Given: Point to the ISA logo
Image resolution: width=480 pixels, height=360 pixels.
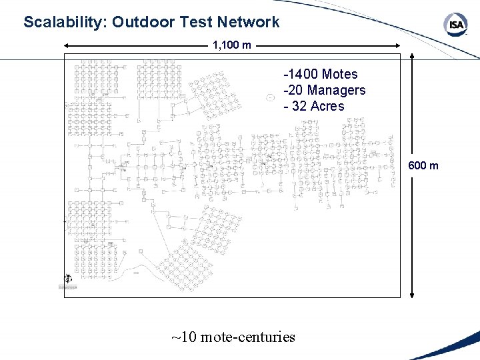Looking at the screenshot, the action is [x=456, y=25].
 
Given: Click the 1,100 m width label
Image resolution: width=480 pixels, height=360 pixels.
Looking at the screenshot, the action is [x=232, y=46].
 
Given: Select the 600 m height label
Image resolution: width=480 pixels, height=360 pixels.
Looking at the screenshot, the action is [x=423, y=166].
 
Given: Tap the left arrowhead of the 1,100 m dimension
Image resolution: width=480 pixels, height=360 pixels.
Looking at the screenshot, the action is [x=67, y=46].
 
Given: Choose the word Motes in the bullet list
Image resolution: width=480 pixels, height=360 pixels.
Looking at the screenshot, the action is [x=340, y=75].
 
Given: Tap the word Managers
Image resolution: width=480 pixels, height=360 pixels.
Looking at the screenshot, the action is [x=337, y=90].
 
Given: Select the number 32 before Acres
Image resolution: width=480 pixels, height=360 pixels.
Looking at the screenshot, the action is [x=300, y=106].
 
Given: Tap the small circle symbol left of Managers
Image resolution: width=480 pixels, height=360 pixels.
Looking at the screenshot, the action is [x=270, y=97].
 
